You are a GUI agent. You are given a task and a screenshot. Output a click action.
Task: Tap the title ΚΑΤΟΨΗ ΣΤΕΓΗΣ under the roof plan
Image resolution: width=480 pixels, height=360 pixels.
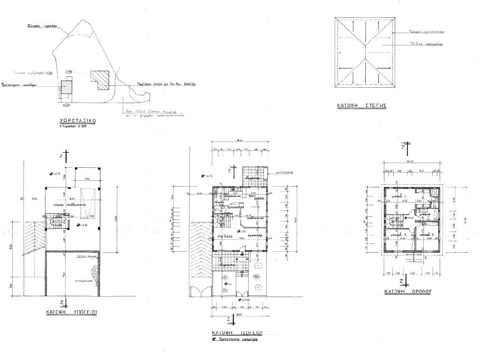click(x=361, y=106)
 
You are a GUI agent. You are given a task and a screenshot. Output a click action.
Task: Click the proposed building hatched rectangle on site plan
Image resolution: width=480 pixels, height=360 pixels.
click(x=66, y=88)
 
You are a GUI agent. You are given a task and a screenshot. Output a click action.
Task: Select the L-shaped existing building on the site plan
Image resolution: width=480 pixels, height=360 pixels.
click(x=100, y=79)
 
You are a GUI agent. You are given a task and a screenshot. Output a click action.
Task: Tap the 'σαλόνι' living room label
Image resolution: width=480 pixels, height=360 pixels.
click(x=223, y=237)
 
